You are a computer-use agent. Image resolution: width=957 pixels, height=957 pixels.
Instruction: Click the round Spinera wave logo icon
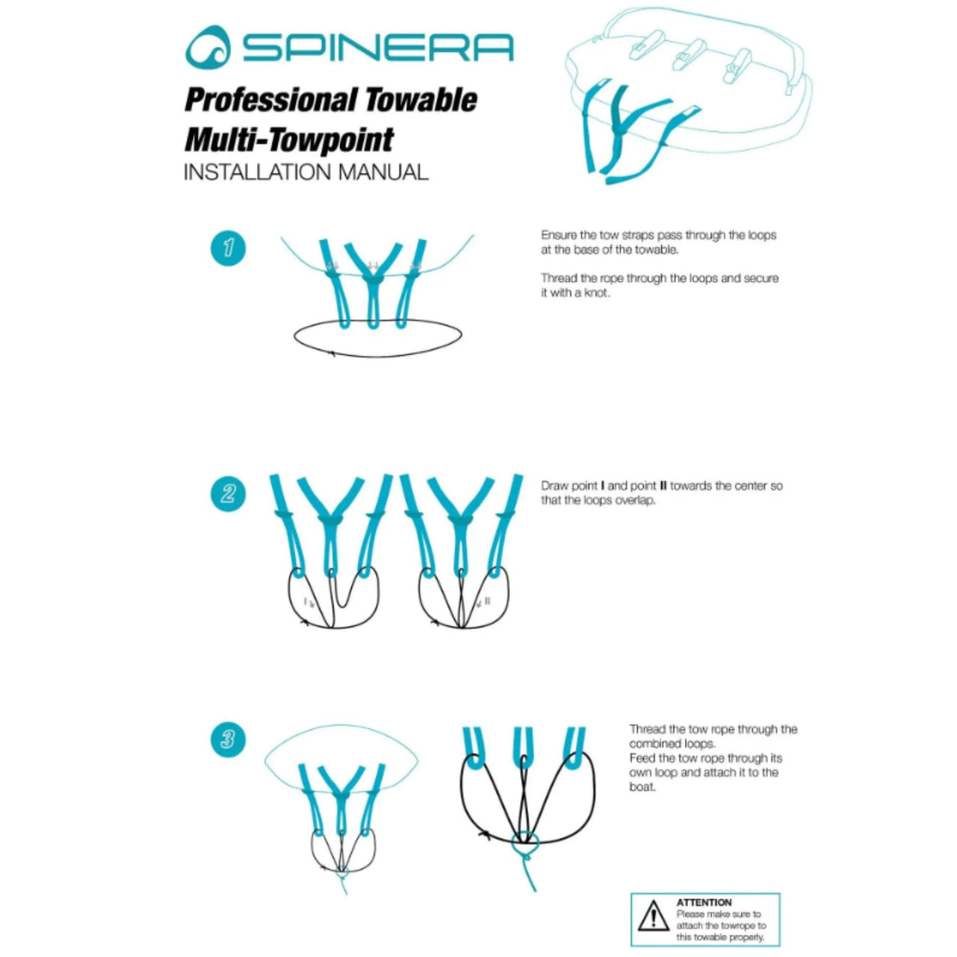[x=209, y=48]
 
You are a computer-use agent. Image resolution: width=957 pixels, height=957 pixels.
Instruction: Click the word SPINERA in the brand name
[x=378, y=48]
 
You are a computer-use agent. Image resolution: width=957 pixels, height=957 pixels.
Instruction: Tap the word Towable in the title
[x=421, y=100]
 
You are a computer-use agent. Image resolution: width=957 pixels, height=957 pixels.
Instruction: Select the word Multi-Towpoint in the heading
[x=289, y=139]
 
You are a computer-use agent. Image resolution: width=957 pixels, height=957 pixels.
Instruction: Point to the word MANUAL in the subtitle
[x=383, y=172]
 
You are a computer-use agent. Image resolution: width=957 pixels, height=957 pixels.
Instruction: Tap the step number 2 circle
[x=229, y=493]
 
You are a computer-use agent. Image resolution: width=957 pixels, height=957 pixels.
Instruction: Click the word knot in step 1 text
[x=597, y=292]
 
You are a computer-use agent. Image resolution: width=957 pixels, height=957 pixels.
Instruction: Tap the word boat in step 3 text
[x=642, y=787]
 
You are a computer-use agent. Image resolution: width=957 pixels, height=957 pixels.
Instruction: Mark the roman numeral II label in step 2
[x=487, y=601]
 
